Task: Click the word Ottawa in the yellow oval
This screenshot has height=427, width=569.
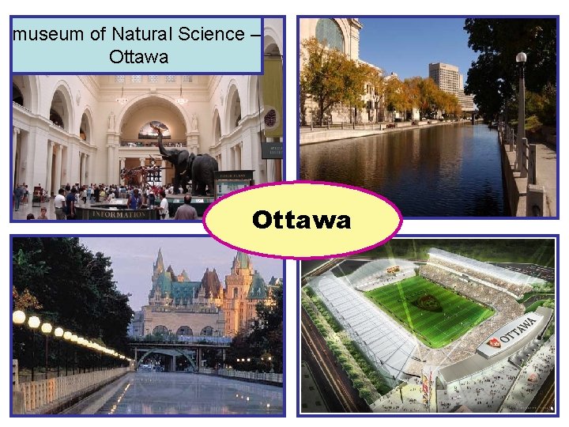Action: (x=301, y=220)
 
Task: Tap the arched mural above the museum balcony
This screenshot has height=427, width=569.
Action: (x=154, y=127)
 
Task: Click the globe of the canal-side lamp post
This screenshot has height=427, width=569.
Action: (x=521, y=58)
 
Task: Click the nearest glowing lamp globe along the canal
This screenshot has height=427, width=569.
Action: (x=19, y=317)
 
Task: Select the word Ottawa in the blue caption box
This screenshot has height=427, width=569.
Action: (x=138, y=57)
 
